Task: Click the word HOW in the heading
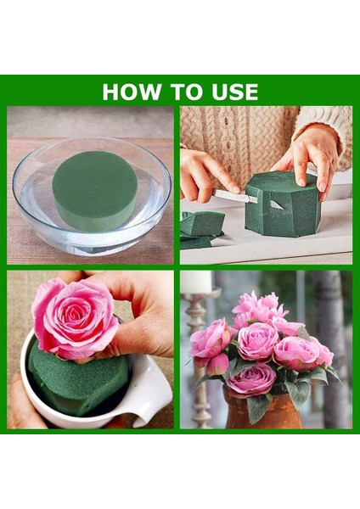click(x=132, y=92)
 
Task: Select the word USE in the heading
click(x=235, y=92)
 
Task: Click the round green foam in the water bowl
click(x=95, y=190)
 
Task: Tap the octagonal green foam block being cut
click(x=282, y=204)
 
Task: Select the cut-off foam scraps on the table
click(x=201, y=229)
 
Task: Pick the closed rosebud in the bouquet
click(x=217, y=365)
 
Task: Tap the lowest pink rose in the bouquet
click(x=251, y=379)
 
